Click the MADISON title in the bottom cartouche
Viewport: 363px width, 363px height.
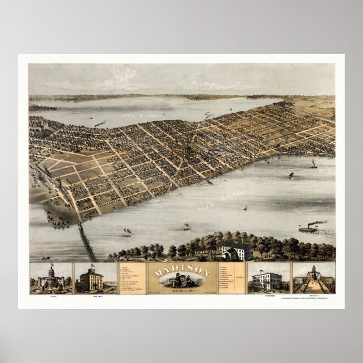pyautogui.click(x=181, y=272)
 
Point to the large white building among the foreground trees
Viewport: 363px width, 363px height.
pyautogui.click(x=237, y=251)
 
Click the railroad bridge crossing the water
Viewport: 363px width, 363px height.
pyautogui.click(x=86, y=240)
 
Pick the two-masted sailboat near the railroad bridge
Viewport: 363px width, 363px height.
pyautogui.click(x=127, y=232)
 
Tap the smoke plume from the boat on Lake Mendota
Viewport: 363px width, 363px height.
pyautogui.click(x=100, y=123)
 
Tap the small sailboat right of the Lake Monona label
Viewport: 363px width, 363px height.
pyautogui.click(x=245, y=209)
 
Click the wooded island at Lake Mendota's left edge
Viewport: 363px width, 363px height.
pyautogui.click(x=42, y=107)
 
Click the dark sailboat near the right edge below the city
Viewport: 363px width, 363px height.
pyautogui.click(x=313, y=164)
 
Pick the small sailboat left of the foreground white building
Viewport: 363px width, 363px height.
pyautogui.click(x=187, y=226)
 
